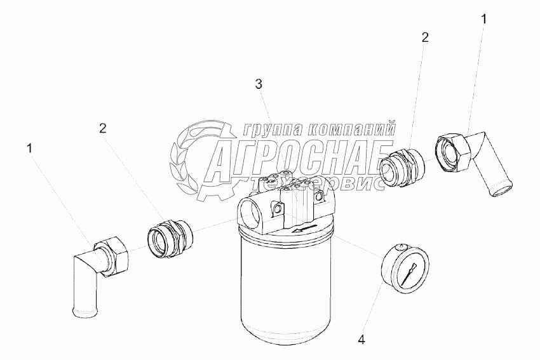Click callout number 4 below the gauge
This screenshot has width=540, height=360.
361,340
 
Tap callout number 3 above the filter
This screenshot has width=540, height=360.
259,84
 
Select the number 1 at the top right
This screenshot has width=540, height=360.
484,19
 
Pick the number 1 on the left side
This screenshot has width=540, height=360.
30,149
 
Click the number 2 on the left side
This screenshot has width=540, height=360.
103,128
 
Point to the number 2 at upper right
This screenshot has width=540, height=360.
425,37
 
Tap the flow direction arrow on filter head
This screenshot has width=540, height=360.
304,229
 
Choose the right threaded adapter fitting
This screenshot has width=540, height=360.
402,167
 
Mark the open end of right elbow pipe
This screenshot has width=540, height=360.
501,191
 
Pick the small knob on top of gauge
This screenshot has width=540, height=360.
400,246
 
